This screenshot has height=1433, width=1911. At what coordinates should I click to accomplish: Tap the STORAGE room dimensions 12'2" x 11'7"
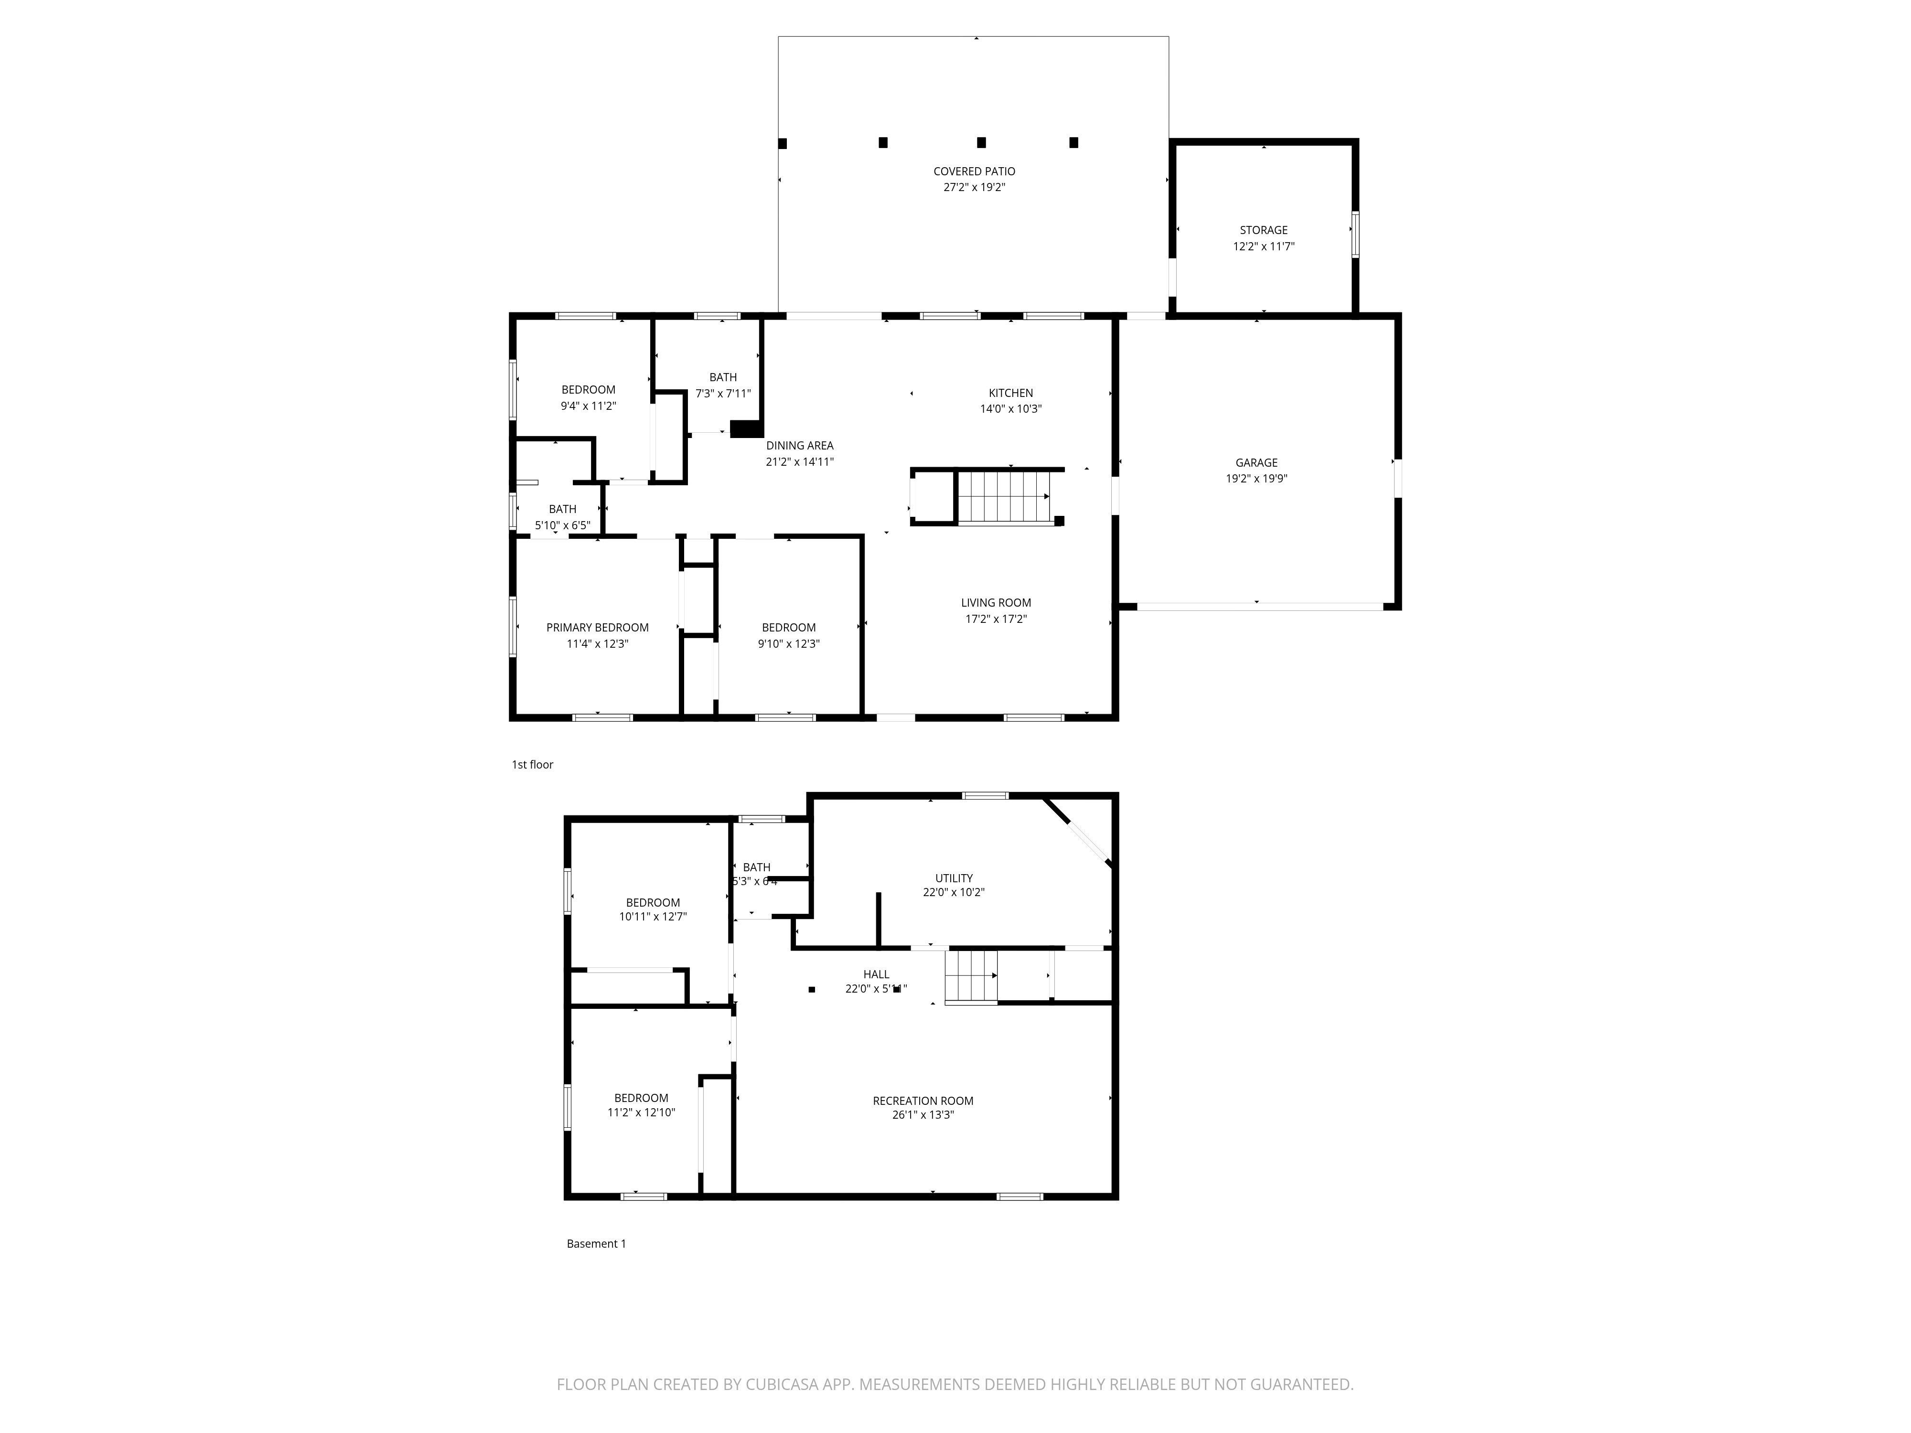click(x=1263, y=246)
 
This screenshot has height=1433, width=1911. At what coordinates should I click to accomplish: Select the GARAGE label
click(x=1256, y=463)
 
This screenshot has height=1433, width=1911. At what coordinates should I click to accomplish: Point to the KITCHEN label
click(x=1011, y=393)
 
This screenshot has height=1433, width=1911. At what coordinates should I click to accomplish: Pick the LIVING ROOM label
click(x=995, y=603)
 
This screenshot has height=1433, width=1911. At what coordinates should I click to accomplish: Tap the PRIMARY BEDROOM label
click(x=597, y=628)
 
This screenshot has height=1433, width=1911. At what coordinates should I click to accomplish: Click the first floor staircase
click(x=1002, y=497)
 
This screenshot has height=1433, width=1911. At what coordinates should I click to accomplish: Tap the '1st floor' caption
click(x=532, y=764)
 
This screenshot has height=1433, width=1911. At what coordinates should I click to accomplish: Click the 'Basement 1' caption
click(x=596, y=1244)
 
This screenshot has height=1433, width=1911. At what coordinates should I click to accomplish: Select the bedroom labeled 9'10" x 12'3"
click(x=789, y=643)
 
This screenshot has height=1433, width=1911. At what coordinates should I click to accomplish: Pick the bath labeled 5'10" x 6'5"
click(x=562, y=525)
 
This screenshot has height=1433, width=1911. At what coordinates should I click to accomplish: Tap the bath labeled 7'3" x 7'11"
click(x=723, y=393)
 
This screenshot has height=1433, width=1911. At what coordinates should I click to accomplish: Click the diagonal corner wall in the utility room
click(x=1080, y=832)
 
